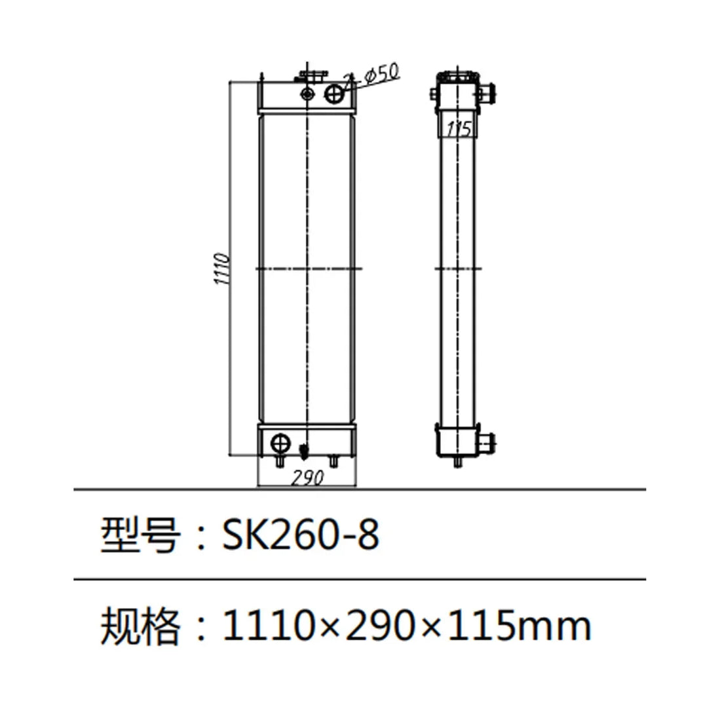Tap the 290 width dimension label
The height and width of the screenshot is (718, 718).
coord(307,478)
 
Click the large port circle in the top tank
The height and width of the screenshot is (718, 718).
coord(335,94)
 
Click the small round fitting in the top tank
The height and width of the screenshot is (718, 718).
coord(307,94)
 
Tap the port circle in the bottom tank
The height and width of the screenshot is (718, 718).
coord(280,444)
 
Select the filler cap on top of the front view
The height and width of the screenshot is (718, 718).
coord(307,78)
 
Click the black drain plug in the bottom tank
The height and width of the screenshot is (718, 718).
coord(303,451)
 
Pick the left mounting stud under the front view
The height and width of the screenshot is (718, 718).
coord(280,463)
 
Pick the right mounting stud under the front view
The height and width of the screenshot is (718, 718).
coord(333,463)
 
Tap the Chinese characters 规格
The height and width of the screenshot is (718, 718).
coord(140,626)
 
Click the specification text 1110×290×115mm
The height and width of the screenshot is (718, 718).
coord(407,626)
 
